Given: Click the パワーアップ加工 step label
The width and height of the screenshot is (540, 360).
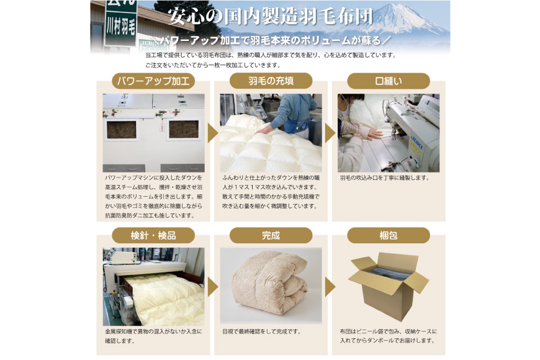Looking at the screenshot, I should pos(153,81).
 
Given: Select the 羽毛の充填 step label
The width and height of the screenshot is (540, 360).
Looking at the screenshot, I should pos(271,81).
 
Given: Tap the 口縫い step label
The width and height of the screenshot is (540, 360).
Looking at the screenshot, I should pos(388,81).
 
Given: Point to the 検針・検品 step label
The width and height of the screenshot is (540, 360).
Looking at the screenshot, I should pos(153,236).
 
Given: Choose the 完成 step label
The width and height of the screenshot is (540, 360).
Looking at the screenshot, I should pos(271,236).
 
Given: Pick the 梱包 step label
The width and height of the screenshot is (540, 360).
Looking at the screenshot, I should pos(388,236).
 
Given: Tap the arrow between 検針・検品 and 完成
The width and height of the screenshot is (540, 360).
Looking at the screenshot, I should pos(212,287).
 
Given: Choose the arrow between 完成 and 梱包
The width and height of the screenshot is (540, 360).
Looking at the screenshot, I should pos(330,287).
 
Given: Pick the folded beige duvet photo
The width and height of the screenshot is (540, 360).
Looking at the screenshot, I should pos(271,284).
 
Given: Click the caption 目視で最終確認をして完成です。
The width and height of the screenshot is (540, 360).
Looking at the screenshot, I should pos(261,331).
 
